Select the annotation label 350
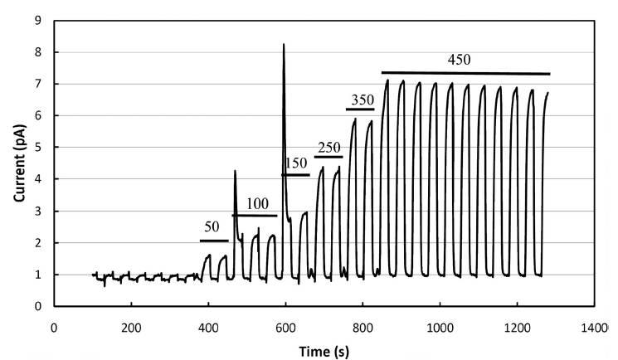(361, 100)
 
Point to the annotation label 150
(296, 163)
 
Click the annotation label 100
(258, 203)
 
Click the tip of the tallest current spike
(284, 44)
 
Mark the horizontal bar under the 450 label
(465, 73)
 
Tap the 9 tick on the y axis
(38, 21)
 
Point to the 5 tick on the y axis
(38, 148)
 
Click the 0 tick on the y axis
(38, 306)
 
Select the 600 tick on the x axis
(285, 328)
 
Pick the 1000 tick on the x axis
(440, 328)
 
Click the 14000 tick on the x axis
(595, 328)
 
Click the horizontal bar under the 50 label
(214, 241)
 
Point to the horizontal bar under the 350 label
(360, 109)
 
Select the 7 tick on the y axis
(38, 84)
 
